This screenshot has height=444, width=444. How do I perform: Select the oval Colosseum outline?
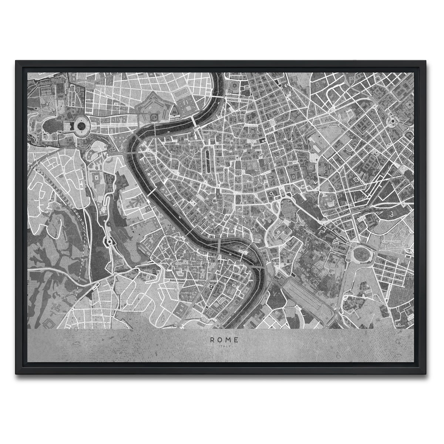click(x=359, y=255)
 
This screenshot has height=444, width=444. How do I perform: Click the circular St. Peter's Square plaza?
click(x=80, y=126)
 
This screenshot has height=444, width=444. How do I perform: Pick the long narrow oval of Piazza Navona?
click(x=207, y=159)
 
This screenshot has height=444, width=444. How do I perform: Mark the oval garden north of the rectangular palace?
click(x=183, y=91)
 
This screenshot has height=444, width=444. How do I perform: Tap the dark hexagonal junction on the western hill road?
click(x=109, y=242)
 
